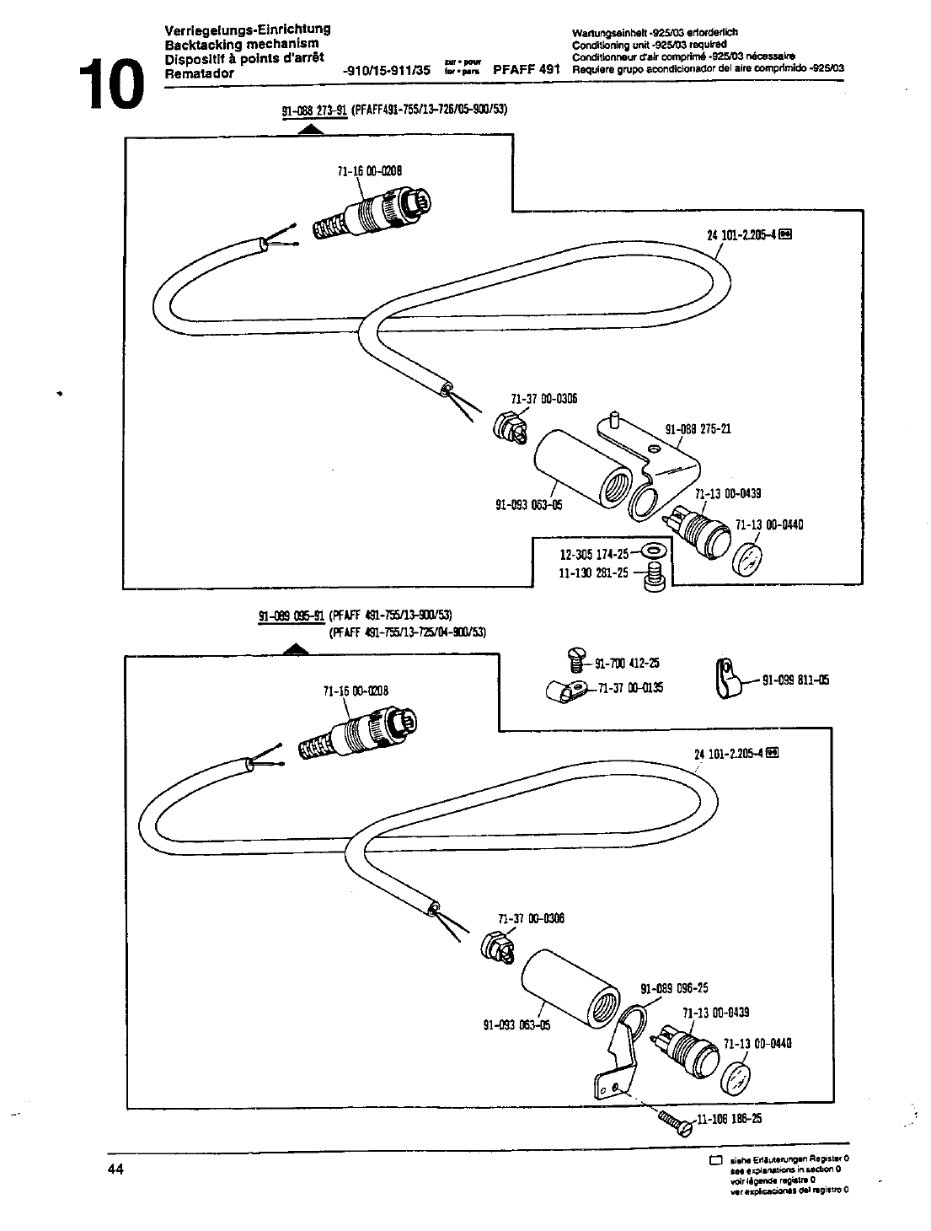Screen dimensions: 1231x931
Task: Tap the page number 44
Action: (x=115, y=1169)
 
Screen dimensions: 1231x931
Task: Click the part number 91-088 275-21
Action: (x=698, y=428)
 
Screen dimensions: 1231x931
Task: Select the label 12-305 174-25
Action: (x=594, y=554)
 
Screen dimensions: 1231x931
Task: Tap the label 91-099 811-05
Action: (x=795, y=680)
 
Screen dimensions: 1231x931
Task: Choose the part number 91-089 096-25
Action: (x=674, y=988)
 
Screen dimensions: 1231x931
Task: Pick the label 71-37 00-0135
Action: (x=630, y=688)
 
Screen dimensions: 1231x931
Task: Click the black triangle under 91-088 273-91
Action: (x=311, y=129)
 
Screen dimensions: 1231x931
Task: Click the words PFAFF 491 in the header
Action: (x=527, y=71)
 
